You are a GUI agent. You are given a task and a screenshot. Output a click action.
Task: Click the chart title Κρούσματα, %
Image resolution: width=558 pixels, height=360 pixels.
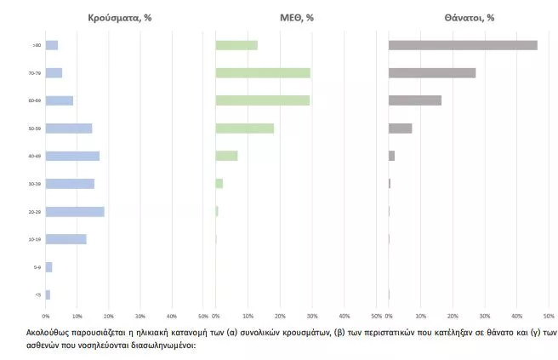(120, 17)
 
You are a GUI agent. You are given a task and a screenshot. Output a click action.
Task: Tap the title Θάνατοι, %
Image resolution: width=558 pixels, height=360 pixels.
(468, 17)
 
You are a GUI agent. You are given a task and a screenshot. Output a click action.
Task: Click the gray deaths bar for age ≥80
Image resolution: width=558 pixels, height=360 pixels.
(463, 45)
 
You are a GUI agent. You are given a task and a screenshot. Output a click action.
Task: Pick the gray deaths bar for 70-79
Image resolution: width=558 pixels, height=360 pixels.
(432, 73)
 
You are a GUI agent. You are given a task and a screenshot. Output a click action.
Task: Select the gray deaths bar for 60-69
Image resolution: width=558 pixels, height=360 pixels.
(415, 100)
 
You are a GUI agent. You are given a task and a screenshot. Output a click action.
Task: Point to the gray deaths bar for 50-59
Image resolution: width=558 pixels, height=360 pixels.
(400, 129)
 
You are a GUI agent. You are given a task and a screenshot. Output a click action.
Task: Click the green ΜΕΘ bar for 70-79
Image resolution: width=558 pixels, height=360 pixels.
(263, 73)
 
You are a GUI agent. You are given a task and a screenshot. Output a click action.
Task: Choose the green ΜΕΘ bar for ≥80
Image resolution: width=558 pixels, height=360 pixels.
(236, 45)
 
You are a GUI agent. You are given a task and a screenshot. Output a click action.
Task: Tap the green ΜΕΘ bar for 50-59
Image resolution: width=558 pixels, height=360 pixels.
(244, 129)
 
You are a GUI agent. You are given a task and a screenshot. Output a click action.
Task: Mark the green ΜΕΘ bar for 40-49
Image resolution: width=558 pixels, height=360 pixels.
(226, 156)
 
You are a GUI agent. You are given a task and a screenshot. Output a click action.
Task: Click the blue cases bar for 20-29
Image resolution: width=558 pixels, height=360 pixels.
(75, 211)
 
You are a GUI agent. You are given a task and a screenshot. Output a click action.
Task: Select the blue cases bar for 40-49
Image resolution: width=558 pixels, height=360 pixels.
(72, 156)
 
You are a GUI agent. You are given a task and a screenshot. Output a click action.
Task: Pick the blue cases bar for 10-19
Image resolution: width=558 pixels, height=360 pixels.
(65, 239)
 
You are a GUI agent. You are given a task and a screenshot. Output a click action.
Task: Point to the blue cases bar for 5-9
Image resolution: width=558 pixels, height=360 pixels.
(48, 267)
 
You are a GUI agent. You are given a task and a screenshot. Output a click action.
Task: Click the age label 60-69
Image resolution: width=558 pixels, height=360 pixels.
(35, 100)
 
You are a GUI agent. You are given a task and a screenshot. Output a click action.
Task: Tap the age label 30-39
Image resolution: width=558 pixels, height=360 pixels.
(35, 184)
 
